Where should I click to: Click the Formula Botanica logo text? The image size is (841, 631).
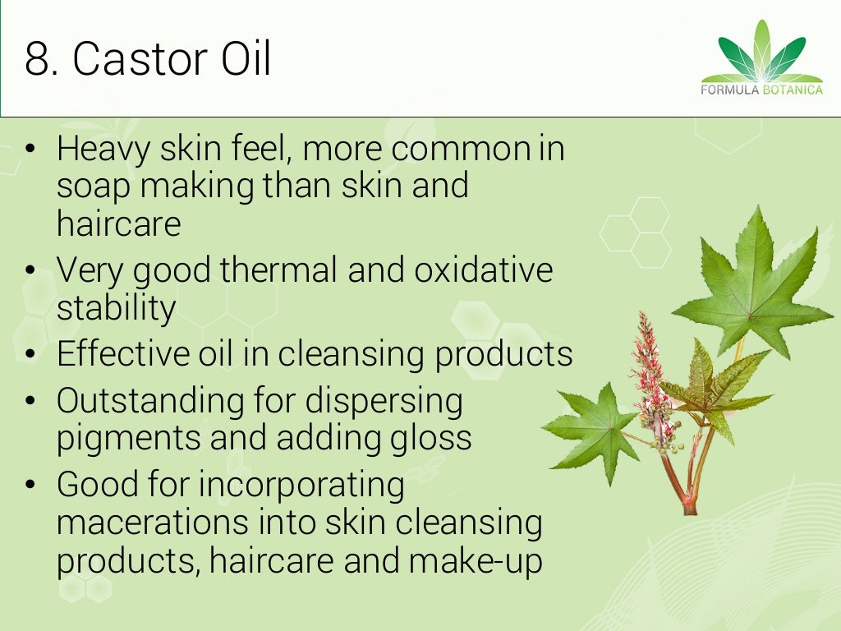pyautogui.click(x=761, y=90)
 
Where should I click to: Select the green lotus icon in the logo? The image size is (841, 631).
pyautogui.click(x=761, y=51)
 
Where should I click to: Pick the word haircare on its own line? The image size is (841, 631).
pyautogui.click(x=118, y=223)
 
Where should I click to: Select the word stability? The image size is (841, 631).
pyautogui.click(x=116, y=307)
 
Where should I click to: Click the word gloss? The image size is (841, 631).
pyautogui.click(x=435, y=438)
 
